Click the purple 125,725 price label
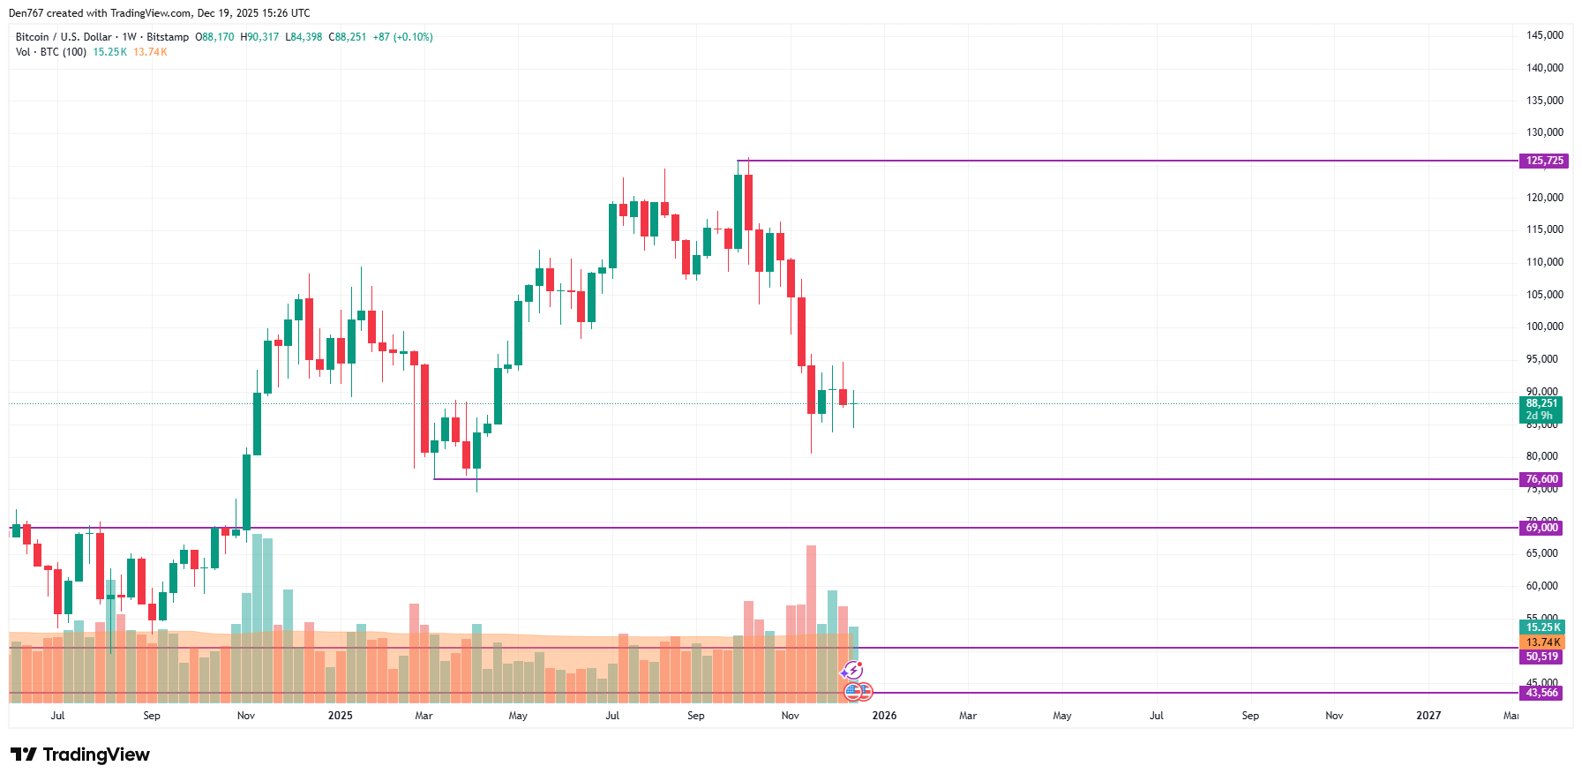[1543, 161]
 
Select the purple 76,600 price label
[1541, 479]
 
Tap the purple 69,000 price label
[1541, 528]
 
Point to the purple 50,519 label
[1541, 657]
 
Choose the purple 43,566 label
[1541, 693]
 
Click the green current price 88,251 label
[1541, 404]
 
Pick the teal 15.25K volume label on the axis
[1542, 627]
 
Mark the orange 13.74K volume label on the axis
[1542, 642]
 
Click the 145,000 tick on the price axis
[1544, 35]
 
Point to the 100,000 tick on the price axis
[1544, 327]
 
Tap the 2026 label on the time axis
[884, 716]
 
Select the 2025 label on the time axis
[340, 716]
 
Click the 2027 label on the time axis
[1428, 716]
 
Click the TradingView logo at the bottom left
[80, 755]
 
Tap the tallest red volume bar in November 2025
[811, 618]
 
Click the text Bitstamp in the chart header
[168, 37]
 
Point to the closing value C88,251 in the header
[347, 37]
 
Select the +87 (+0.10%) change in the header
[402, 37]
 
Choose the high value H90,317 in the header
[259, 37]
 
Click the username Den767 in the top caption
[26, 13]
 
